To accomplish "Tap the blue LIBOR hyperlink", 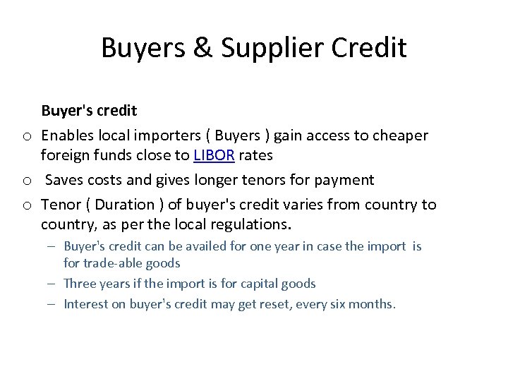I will [214, 155].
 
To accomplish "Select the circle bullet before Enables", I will [25, 135].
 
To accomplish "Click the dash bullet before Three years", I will [54, 284].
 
